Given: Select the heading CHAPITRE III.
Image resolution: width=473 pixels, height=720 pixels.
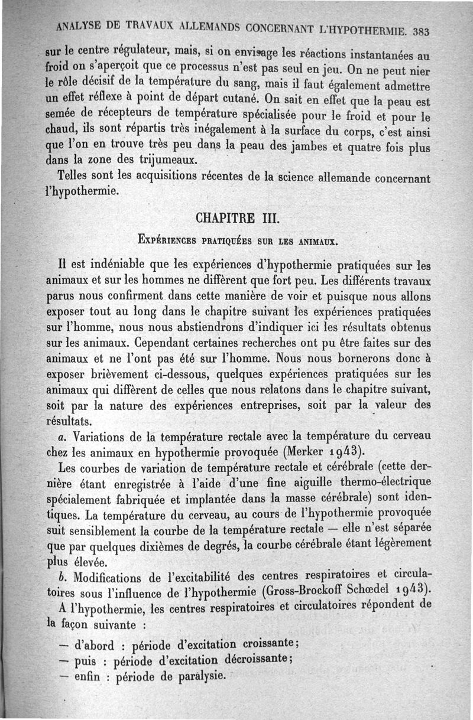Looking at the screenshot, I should pos(234,219).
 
